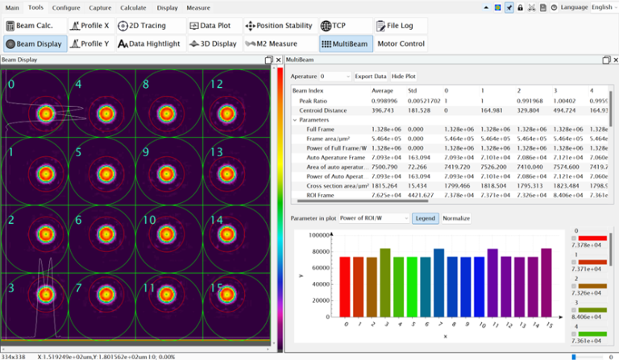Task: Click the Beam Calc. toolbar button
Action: [33, 26]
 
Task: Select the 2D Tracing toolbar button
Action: [142, 26]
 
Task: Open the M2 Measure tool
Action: [271, 43]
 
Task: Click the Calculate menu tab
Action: [133, 7]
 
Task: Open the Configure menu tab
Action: [66, 7]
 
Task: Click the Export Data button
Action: [371, 76]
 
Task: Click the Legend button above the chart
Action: [425, 218]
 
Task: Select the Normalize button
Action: [456, 218]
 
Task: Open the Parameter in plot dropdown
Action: [374, 218]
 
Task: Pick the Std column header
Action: [412, 90]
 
